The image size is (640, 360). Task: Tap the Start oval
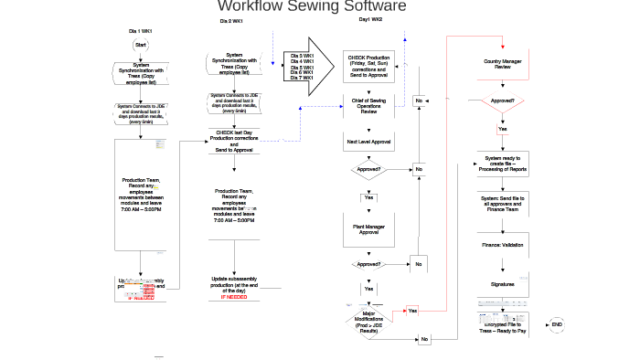pyautogui.click(x=140, y=45)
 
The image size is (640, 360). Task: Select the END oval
pyautogui.click(x=557, y=325)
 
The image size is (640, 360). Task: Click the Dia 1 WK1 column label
pyautogui.click(x=140, y=31)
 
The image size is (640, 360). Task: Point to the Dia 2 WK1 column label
pyautogui.click(x=231, y=21)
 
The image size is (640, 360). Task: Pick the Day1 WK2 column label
pyautogui.click(x=370, y=19)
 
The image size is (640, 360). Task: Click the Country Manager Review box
pyautogui.click(x=502, y=65)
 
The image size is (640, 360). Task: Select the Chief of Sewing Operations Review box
pyautogui.click(x=368, y=105)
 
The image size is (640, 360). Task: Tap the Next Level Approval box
pyautogui.click(x=368, y=143)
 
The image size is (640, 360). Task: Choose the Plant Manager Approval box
pyautogui.click(x=368, y=229)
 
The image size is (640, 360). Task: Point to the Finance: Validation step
pyautogui.click(x=502, y=245)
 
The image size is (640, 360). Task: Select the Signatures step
pyautogui.click(x=502, y=284)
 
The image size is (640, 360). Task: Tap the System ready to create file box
pyautogui.click(x=502, y=164)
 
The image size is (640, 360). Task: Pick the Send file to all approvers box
pyautogui.click(x=502, y=203)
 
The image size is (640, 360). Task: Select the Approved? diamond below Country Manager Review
pyautogui.click(x=502, y=101)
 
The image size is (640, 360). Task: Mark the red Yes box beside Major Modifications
pyautogui.click(x=412, y=311)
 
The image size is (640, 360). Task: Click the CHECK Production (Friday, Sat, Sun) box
pyautogui.click(x=368, y=65)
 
